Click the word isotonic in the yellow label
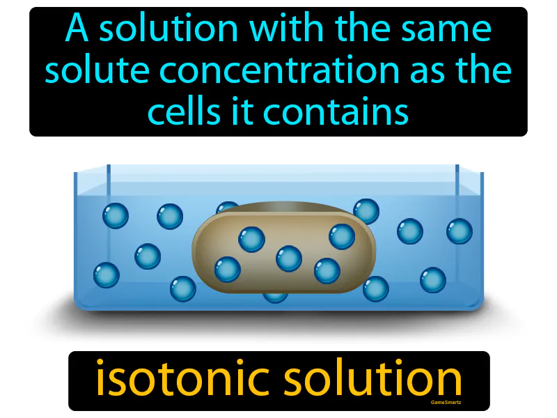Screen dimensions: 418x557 coord(174,379)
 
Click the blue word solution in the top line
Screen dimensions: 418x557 coord(164,30)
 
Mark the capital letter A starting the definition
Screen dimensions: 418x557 coord(77,30)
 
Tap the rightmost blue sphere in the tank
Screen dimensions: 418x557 coord(460,231)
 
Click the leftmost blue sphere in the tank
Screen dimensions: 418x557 coord(107,274)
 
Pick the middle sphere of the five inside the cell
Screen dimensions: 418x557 coord(289,258)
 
